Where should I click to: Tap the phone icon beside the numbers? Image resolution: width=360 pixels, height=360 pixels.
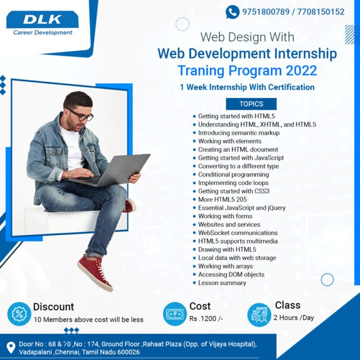[232, 11]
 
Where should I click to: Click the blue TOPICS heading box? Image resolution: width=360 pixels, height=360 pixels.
[251, 104]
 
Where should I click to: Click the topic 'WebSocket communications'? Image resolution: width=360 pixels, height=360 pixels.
[238, 233]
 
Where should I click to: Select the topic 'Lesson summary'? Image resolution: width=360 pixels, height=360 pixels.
[222, 283]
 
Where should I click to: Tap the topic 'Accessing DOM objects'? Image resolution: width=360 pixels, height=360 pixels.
[231, 274]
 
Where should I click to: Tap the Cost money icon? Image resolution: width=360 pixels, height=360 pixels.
[174, 314]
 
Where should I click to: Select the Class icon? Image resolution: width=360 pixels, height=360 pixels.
[259, 313]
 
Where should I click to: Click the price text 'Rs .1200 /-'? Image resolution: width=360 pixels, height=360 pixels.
[206, 319]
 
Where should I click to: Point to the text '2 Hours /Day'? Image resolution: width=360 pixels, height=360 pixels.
[294, 318]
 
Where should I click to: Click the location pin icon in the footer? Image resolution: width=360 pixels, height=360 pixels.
[10, 347]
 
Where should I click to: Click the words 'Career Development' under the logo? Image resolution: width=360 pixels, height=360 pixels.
[43, 33]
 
